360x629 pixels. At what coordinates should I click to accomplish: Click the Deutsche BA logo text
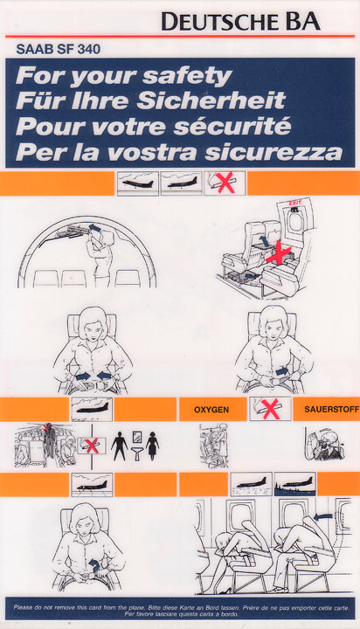tap(240, 21)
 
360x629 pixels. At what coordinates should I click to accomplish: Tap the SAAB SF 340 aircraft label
tap(59, 49)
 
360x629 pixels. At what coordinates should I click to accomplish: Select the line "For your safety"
tap(123, 76)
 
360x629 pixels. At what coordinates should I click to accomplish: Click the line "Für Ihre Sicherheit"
tap(150, 101)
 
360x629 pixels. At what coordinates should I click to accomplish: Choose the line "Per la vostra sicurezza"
tap(179, 152)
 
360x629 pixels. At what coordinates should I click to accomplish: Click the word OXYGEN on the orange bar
tap(211, 410)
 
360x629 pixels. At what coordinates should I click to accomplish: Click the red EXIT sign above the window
tap(295, 203)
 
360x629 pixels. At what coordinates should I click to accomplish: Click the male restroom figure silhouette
tap(119, 446)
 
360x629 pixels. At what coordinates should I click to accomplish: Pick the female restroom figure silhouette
tap(153, 446)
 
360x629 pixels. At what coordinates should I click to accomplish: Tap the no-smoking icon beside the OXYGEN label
tap(270, 409)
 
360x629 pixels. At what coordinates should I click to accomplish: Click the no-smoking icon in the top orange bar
tap(225, 183)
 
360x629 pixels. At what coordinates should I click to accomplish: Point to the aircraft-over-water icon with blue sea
tap(295, 484)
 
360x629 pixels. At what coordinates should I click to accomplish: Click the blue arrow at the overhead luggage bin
tap(95, 228)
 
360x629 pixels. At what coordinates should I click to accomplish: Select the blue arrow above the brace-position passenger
tap(322, 517)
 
